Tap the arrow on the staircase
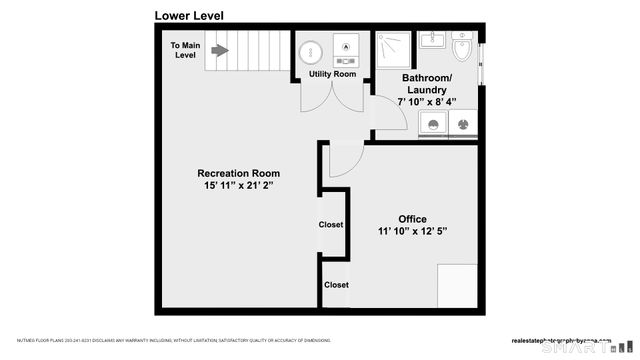[218, 50]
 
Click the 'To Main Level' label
[185, 50]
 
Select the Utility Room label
[332, 74]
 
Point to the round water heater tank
[310, 49]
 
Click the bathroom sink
[432, 40]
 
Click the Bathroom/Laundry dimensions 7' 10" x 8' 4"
[427, 101]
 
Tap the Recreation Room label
[238, 173]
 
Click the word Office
[412, 219]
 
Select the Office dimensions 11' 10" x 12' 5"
[412, 232]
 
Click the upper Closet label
[331, 225]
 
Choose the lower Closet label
[336, 285]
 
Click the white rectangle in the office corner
[458, 285]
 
